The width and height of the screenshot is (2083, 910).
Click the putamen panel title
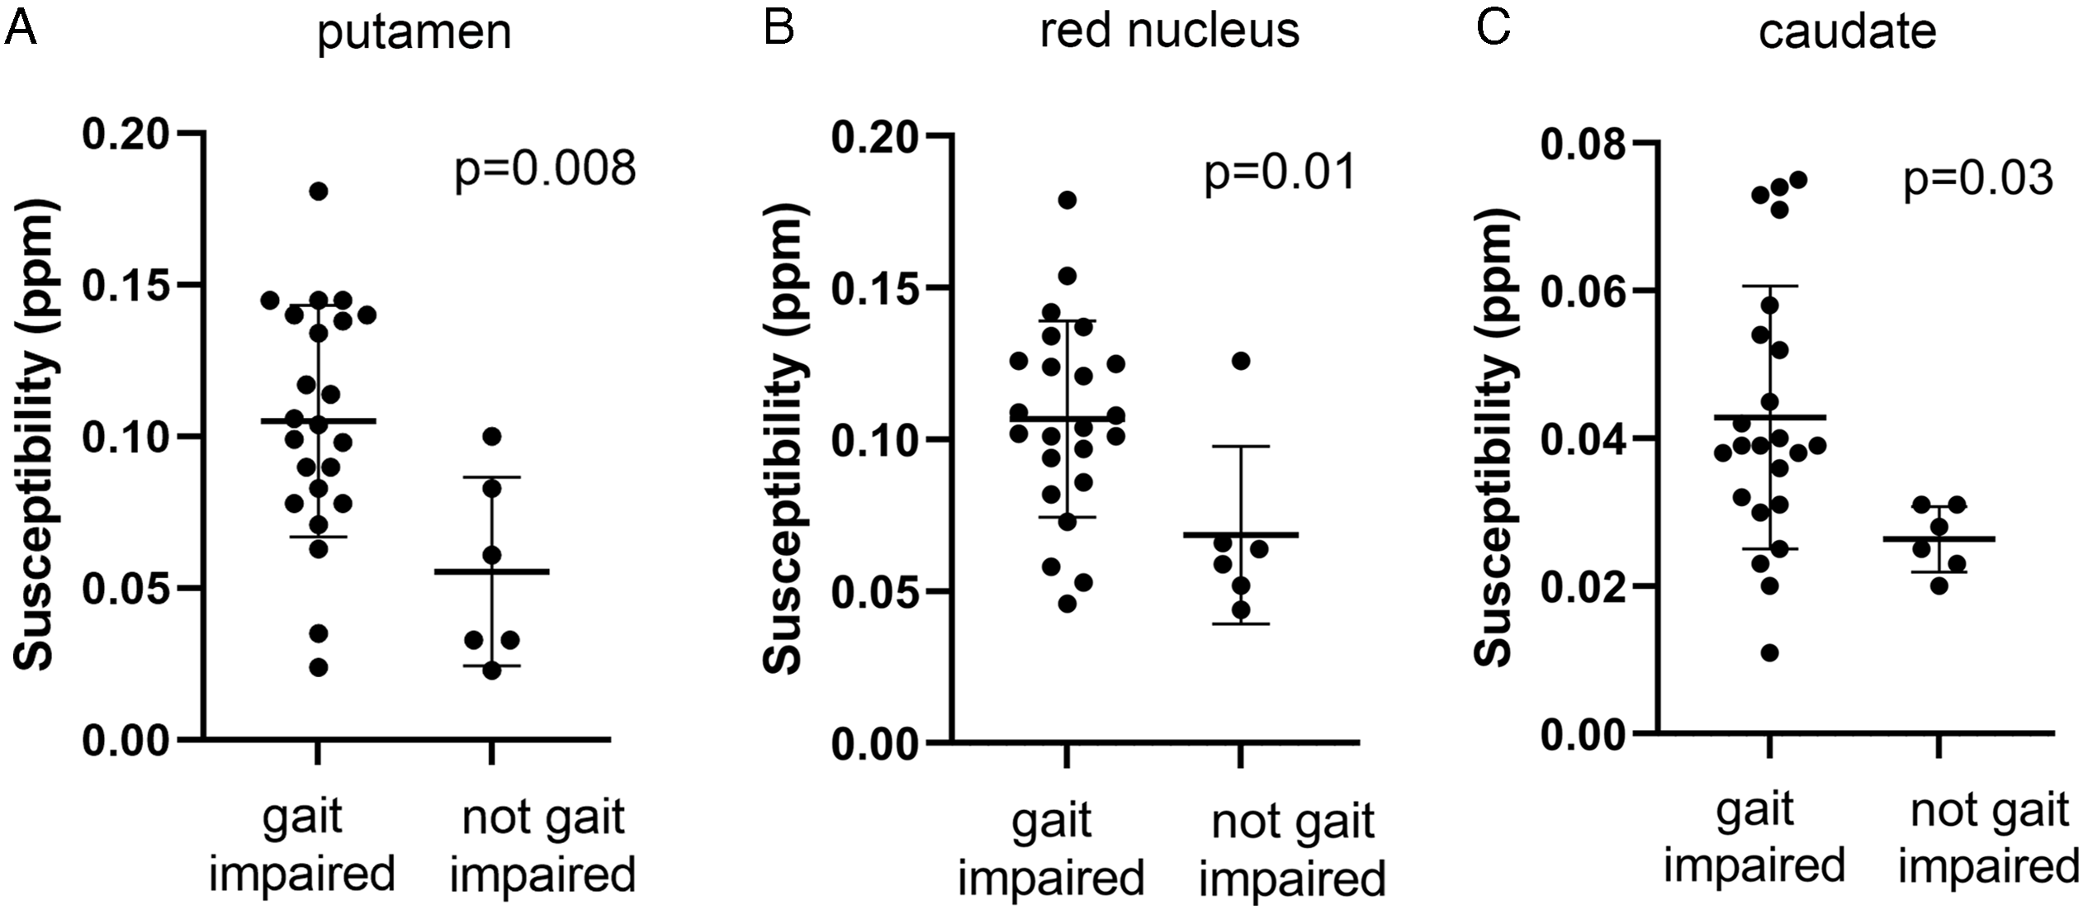pos(414,33)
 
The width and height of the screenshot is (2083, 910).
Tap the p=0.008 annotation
pos(545,168)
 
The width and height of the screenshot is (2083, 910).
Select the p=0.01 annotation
pos(1280,173)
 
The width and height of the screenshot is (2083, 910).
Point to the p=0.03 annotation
pos(1977,178)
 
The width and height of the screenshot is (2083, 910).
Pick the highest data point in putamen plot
pos(319,192)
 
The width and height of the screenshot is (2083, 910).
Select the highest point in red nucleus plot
pos(1068,200)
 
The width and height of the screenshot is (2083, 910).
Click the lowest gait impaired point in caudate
pos(1769,653)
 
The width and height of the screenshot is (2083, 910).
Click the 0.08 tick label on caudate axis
pos(1582,144)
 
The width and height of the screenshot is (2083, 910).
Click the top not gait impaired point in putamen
pos(491,436)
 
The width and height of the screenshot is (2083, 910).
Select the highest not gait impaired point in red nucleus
pos(1240,361)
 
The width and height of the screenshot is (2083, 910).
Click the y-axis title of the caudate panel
pos(1495,438)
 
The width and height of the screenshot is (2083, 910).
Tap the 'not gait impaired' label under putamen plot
pos(542,846)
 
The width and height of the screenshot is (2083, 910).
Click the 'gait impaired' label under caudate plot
pos(1754,837)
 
